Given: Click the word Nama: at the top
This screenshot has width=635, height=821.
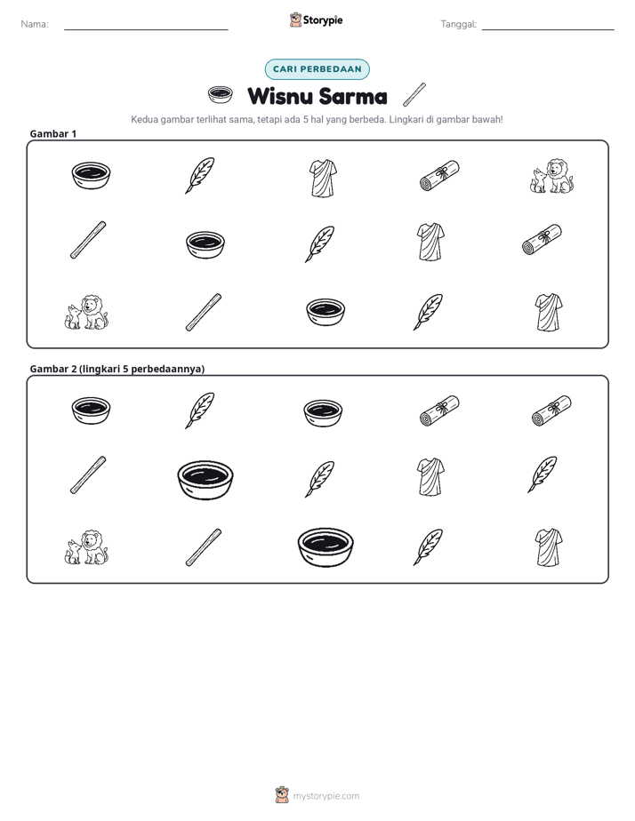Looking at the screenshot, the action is pyautogui.click(x=35, y=24).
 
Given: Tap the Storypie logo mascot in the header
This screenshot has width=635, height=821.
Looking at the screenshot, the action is pyautogui.click(x=295, y=20).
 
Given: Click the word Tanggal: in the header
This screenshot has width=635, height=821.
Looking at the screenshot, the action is pyautogui.click(x=458, y=24).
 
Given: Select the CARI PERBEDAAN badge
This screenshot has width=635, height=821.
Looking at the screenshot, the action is pyautogui.click(x=317, y=69).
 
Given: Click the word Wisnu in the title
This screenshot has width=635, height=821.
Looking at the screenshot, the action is pyautogui.click(x=280, y=96).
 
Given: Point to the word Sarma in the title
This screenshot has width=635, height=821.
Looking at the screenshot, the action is pyautogui.click(x=352, y=96).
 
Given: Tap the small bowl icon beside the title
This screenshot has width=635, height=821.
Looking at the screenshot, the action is pyautogui.click(x=220, y=94).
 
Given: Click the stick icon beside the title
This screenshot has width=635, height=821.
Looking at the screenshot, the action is pyautogui.click(x=414, y=94).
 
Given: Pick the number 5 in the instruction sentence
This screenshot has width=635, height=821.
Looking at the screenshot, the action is pyautogui.click(x=305, y=119).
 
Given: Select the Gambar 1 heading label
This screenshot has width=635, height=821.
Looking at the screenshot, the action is pyautogui.click(x=53, y=133).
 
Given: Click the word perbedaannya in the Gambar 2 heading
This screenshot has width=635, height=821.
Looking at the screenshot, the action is pyautogui.click(x=168, y=369).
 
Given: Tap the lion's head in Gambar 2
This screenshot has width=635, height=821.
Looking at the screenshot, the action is pyautogui.click(x=93, y=539).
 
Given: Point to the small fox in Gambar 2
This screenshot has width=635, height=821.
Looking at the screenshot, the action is pyautogui.click(x=72, y=553).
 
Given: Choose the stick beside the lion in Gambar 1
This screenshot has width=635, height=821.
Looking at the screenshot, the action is pyautogui.click(x=204, y=313).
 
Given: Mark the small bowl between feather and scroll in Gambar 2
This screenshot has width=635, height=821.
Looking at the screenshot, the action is pyautogui.click(x=323, y=413).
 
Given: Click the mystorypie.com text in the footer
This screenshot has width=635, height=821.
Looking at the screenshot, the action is pyautogui.click(x=326, y=796).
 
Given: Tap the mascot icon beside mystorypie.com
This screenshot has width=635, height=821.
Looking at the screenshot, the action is pyautogui.click(x=282, y=795).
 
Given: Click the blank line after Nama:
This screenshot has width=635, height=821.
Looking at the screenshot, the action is pyautogui.click(x=146, y=29).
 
